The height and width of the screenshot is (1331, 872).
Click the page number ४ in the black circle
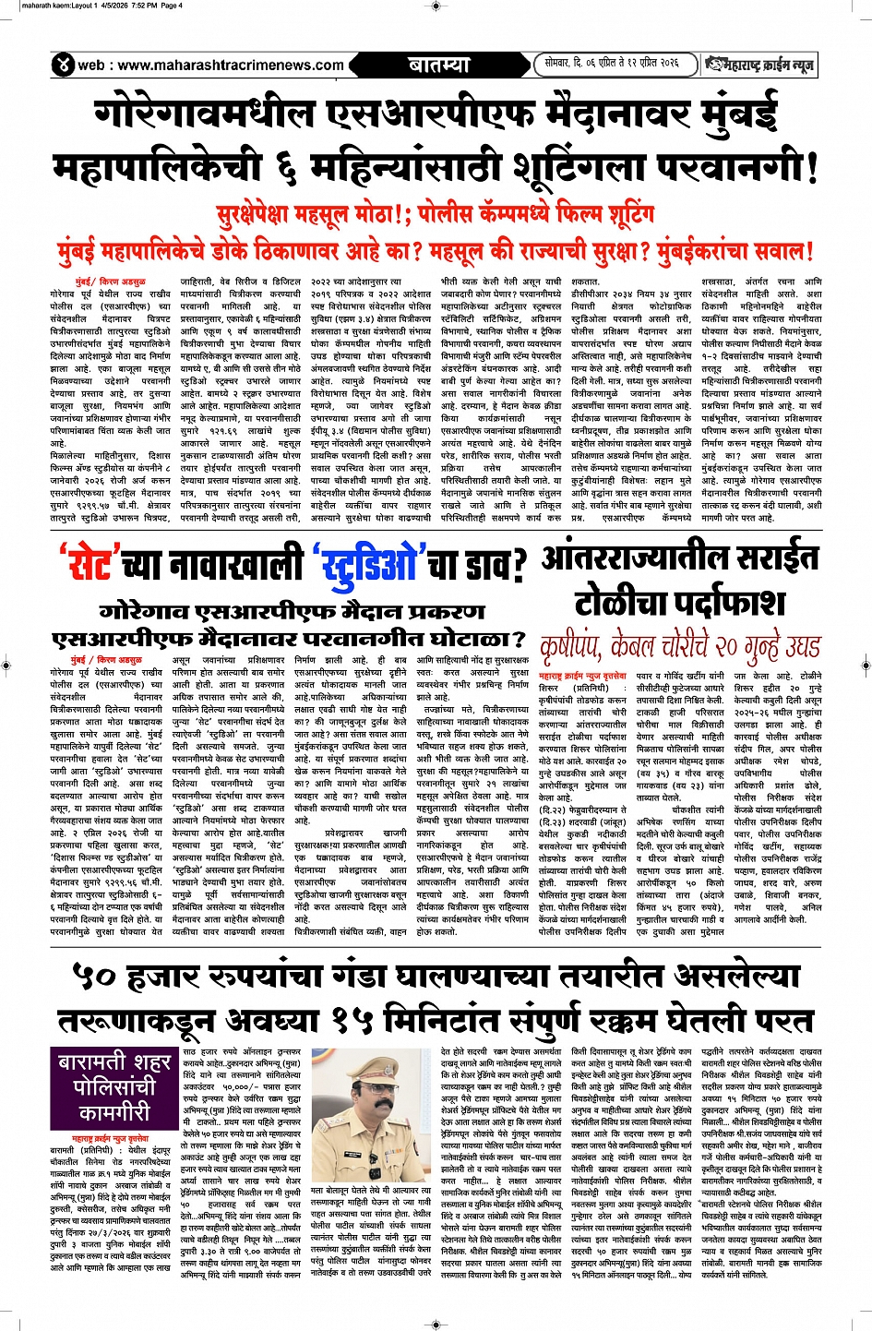[63, 65]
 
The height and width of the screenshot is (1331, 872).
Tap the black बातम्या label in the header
[438, 65]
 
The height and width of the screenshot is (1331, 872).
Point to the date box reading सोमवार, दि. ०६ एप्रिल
[611, 64]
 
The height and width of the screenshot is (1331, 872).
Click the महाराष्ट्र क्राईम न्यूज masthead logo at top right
[759, 64]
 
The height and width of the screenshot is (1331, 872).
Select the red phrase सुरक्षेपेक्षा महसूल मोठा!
[314, 215]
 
